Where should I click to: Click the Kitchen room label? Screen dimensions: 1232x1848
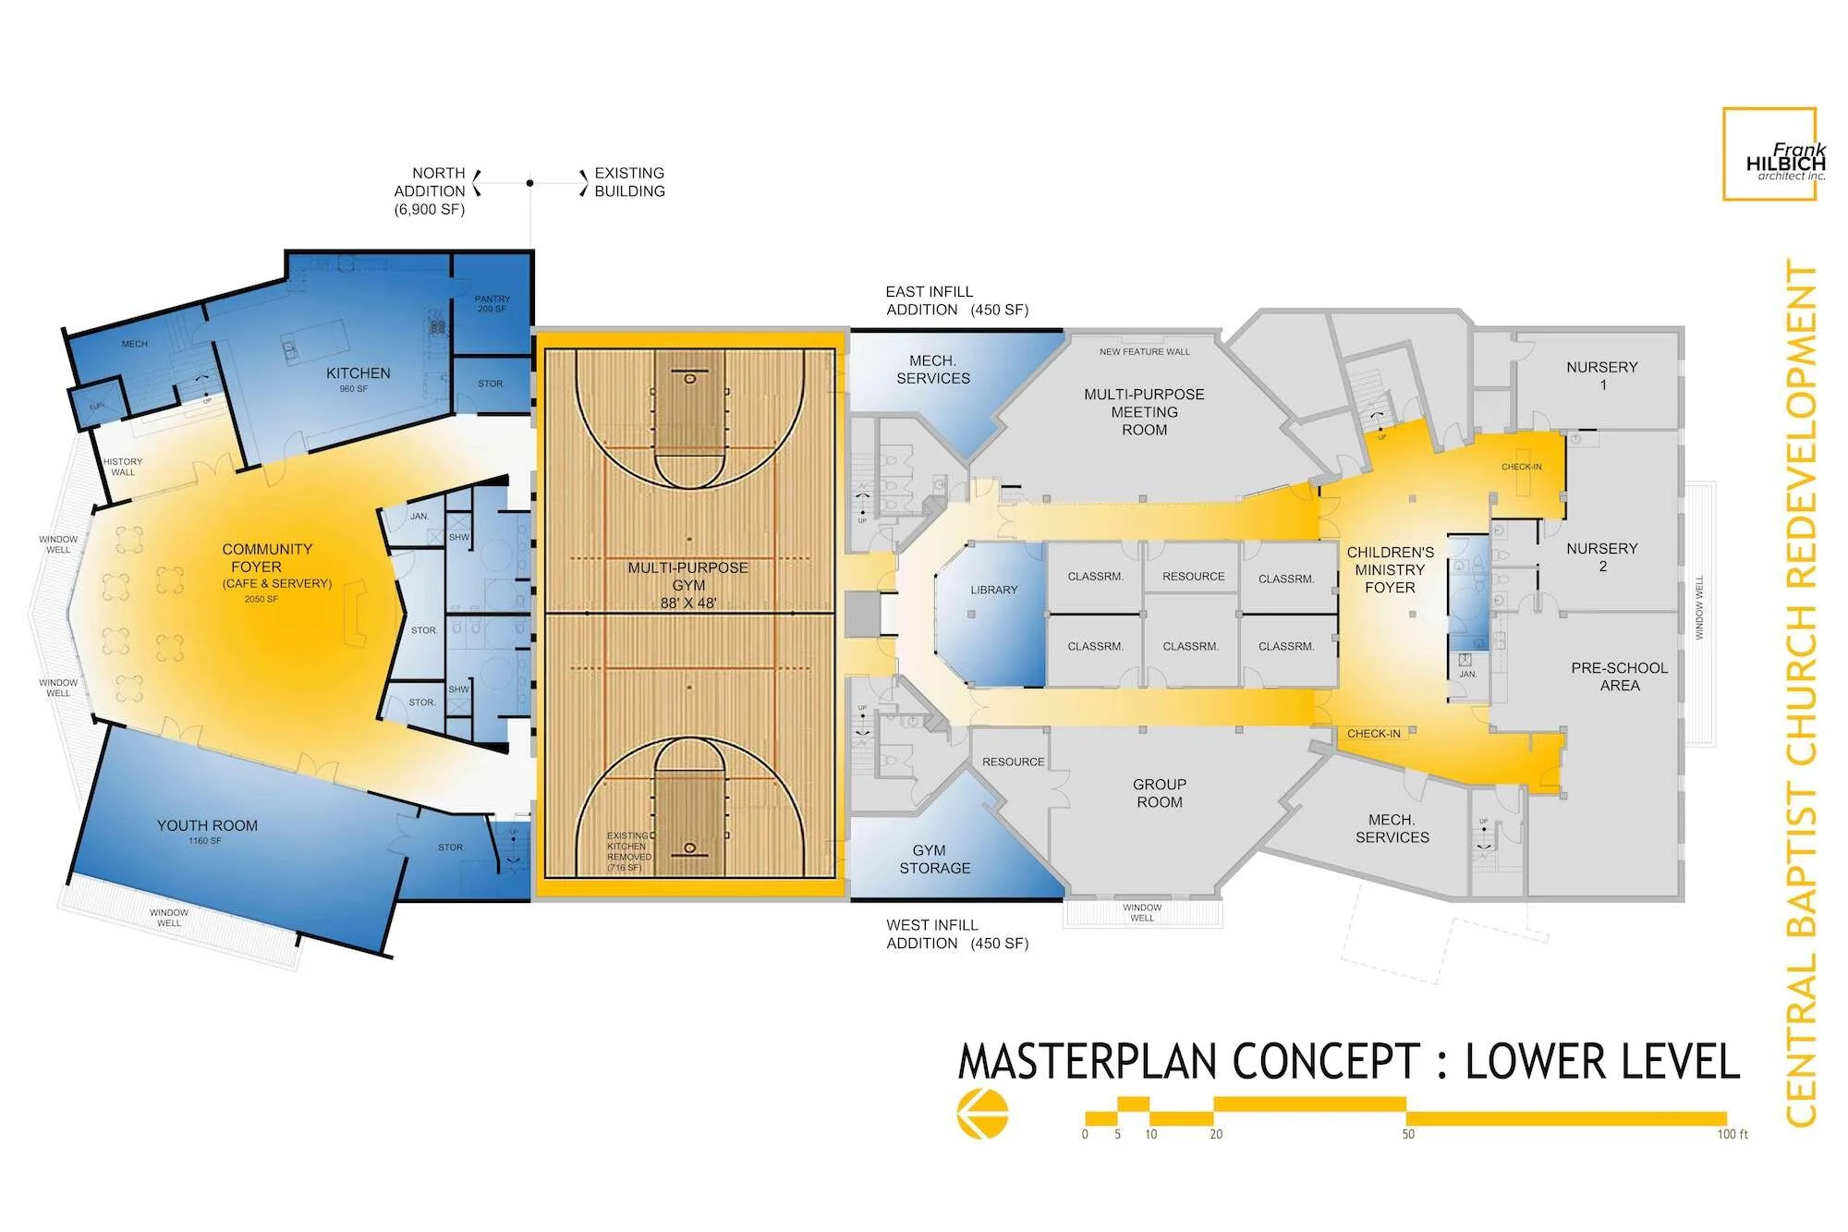[x=358, y=373]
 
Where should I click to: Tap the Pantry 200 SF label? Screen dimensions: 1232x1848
[x=492, y=303]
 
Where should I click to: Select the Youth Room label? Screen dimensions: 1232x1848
[x=207, y=826]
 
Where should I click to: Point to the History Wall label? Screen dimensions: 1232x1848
[x=123, y=467]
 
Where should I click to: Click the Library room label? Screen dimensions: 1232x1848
[x=993, y=590]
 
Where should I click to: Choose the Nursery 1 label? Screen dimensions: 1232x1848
[x=1601, y=375]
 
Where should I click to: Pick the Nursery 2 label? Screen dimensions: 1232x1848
[x=1601, y=556]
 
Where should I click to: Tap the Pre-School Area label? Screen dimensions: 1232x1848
[x=1619, y=677]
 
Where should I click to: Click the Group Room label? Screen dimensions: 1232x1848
[x=1159, y=793]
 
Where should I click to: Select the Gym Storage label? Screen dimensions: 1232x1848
[x=934, y=860]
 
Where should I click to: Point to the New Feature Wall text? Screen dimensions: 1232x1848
[x=1144, y=352]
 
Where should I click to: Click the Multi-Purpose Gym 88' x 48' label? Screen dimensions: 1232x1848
[x=688, y=585]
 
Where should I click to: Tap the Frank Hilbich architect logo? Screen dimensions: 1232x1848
[x=1769, y=154]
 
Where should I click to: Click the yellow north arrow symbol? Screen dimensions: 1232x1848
[x=982, y=1113]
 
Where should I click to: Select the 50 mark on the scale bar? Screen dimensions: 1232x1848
[x=1407, y=1134]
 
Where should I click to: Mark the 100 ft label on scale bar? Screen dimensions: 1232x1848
[x=1732, y=1134]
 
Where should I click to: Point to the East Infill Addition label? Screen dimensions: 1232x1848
[x=956, y=300]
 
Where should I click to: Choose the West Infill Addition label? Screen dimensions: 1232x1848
[x=956, y=933]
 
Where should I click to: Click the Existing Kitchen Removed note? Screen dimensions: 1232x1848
[x=628, y=851]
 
